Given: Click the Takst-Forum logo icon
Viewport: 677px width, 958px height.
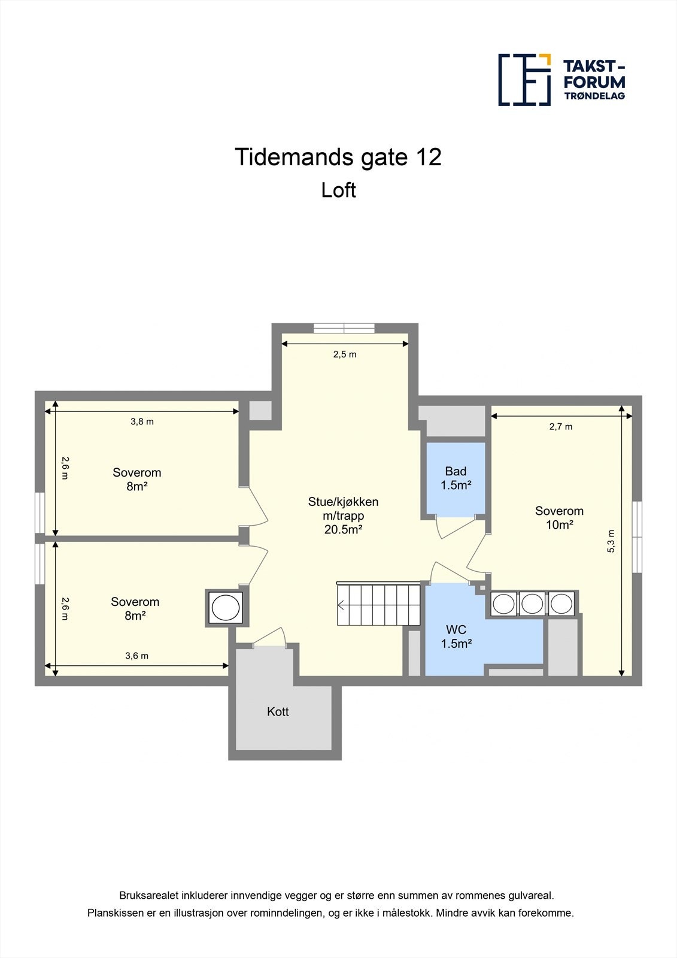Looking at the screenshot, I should [524, 80].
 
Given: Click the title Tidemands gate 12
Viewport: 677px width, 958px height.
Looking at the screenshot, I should [338, 157].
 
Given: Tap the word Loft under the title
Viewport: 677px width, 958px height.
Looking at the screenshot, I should [338, 190].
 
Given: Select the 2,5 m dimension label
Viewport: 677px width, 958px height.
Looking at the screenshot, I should [345, 354].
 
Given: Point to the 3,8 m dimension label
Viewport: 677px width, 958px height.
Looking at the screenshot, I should [142, 422].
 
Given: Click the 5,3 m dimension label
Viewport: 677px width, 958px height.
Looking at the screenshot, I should [611, 541].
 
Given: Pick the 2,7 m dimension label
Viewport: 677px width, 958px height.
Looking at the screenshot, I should [561, 427].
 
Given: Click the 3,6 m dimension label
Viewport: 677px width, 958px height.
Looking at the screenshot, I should [136, 656].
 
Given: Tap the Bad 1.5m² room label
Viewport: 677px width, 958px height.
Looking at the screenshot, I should [456, 478].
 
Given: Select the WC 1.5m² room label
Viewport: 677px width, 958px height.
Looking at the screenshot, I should [456, 636].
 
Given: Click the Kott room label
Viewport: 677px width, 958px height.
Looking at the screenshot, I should [278, 712].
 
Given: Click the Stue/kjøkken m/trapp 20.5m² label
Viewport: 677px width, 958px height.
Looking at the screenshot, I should [343, 516].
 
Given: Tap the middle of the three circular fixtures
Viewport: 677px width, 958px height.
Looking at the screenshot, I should [532, 604].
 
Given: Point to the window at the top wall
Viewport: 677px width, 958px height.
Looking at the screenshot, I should [344, 328].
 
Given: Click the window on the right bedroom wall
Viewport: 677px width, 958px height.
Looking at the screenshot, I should [637, 536].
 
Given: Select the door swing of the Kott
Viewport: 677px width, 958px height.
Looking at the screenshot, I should [270, 638].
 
